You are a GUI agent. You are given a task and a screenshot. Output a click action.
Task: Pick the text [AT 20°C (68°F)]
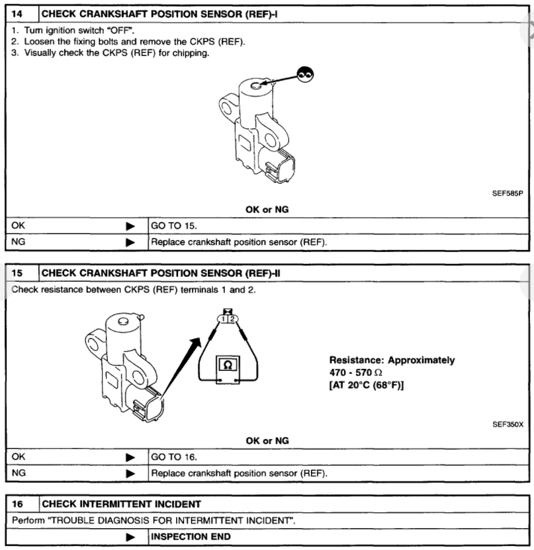tap(367, 385)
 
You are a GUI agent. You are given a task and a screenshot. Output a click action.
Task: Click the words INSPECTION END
tap(192, 536)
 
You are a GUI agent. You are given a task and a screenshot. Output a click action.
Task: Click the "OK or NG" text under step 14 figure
tap(267, 210)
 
